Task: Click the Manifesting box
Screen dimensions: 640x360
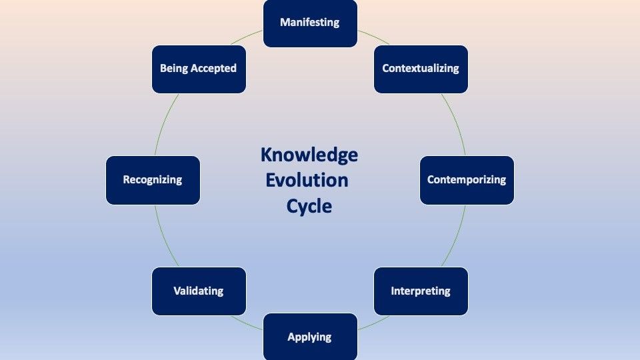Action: (x=310, y=23)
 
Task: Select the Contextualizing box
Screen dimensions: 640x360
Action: (x=421, y=69)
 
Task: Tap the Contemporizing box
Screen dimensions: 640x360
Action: (x=467, y=180)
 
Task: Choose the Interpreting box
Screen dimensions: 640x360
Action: (x=421, y=291)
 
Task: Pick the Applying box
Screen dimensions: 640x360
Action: (x=310, y=337)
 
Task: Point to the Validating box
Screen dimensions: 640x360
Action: (x=199, y=291)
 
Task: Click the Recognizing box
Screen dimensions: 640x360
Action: (x=153, y=180)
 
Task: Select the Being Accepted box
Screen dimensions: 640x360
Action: (x=199, y=69)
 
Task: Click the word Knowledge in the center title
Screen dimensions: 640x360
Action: (x=309, y=155)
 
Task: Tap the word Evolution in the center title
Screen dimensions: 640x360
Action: (x=307, y=180)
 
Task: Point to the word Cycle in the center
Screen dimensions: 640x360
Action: (x=309, y=206)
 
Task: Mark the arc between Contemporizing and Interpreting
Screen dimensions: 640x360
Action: (x=456, y=237)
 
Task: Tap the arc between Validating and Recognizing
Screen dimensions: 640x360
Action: (x=164, y=237)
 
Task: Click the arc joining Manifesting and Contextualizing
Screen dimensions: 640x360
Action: (x=374, y=37)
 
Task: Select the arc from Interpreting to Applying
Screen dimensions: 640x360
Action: (x=374, y=323)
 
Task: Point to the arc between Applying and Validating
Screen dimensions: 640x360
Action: (x=247, y=323)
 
